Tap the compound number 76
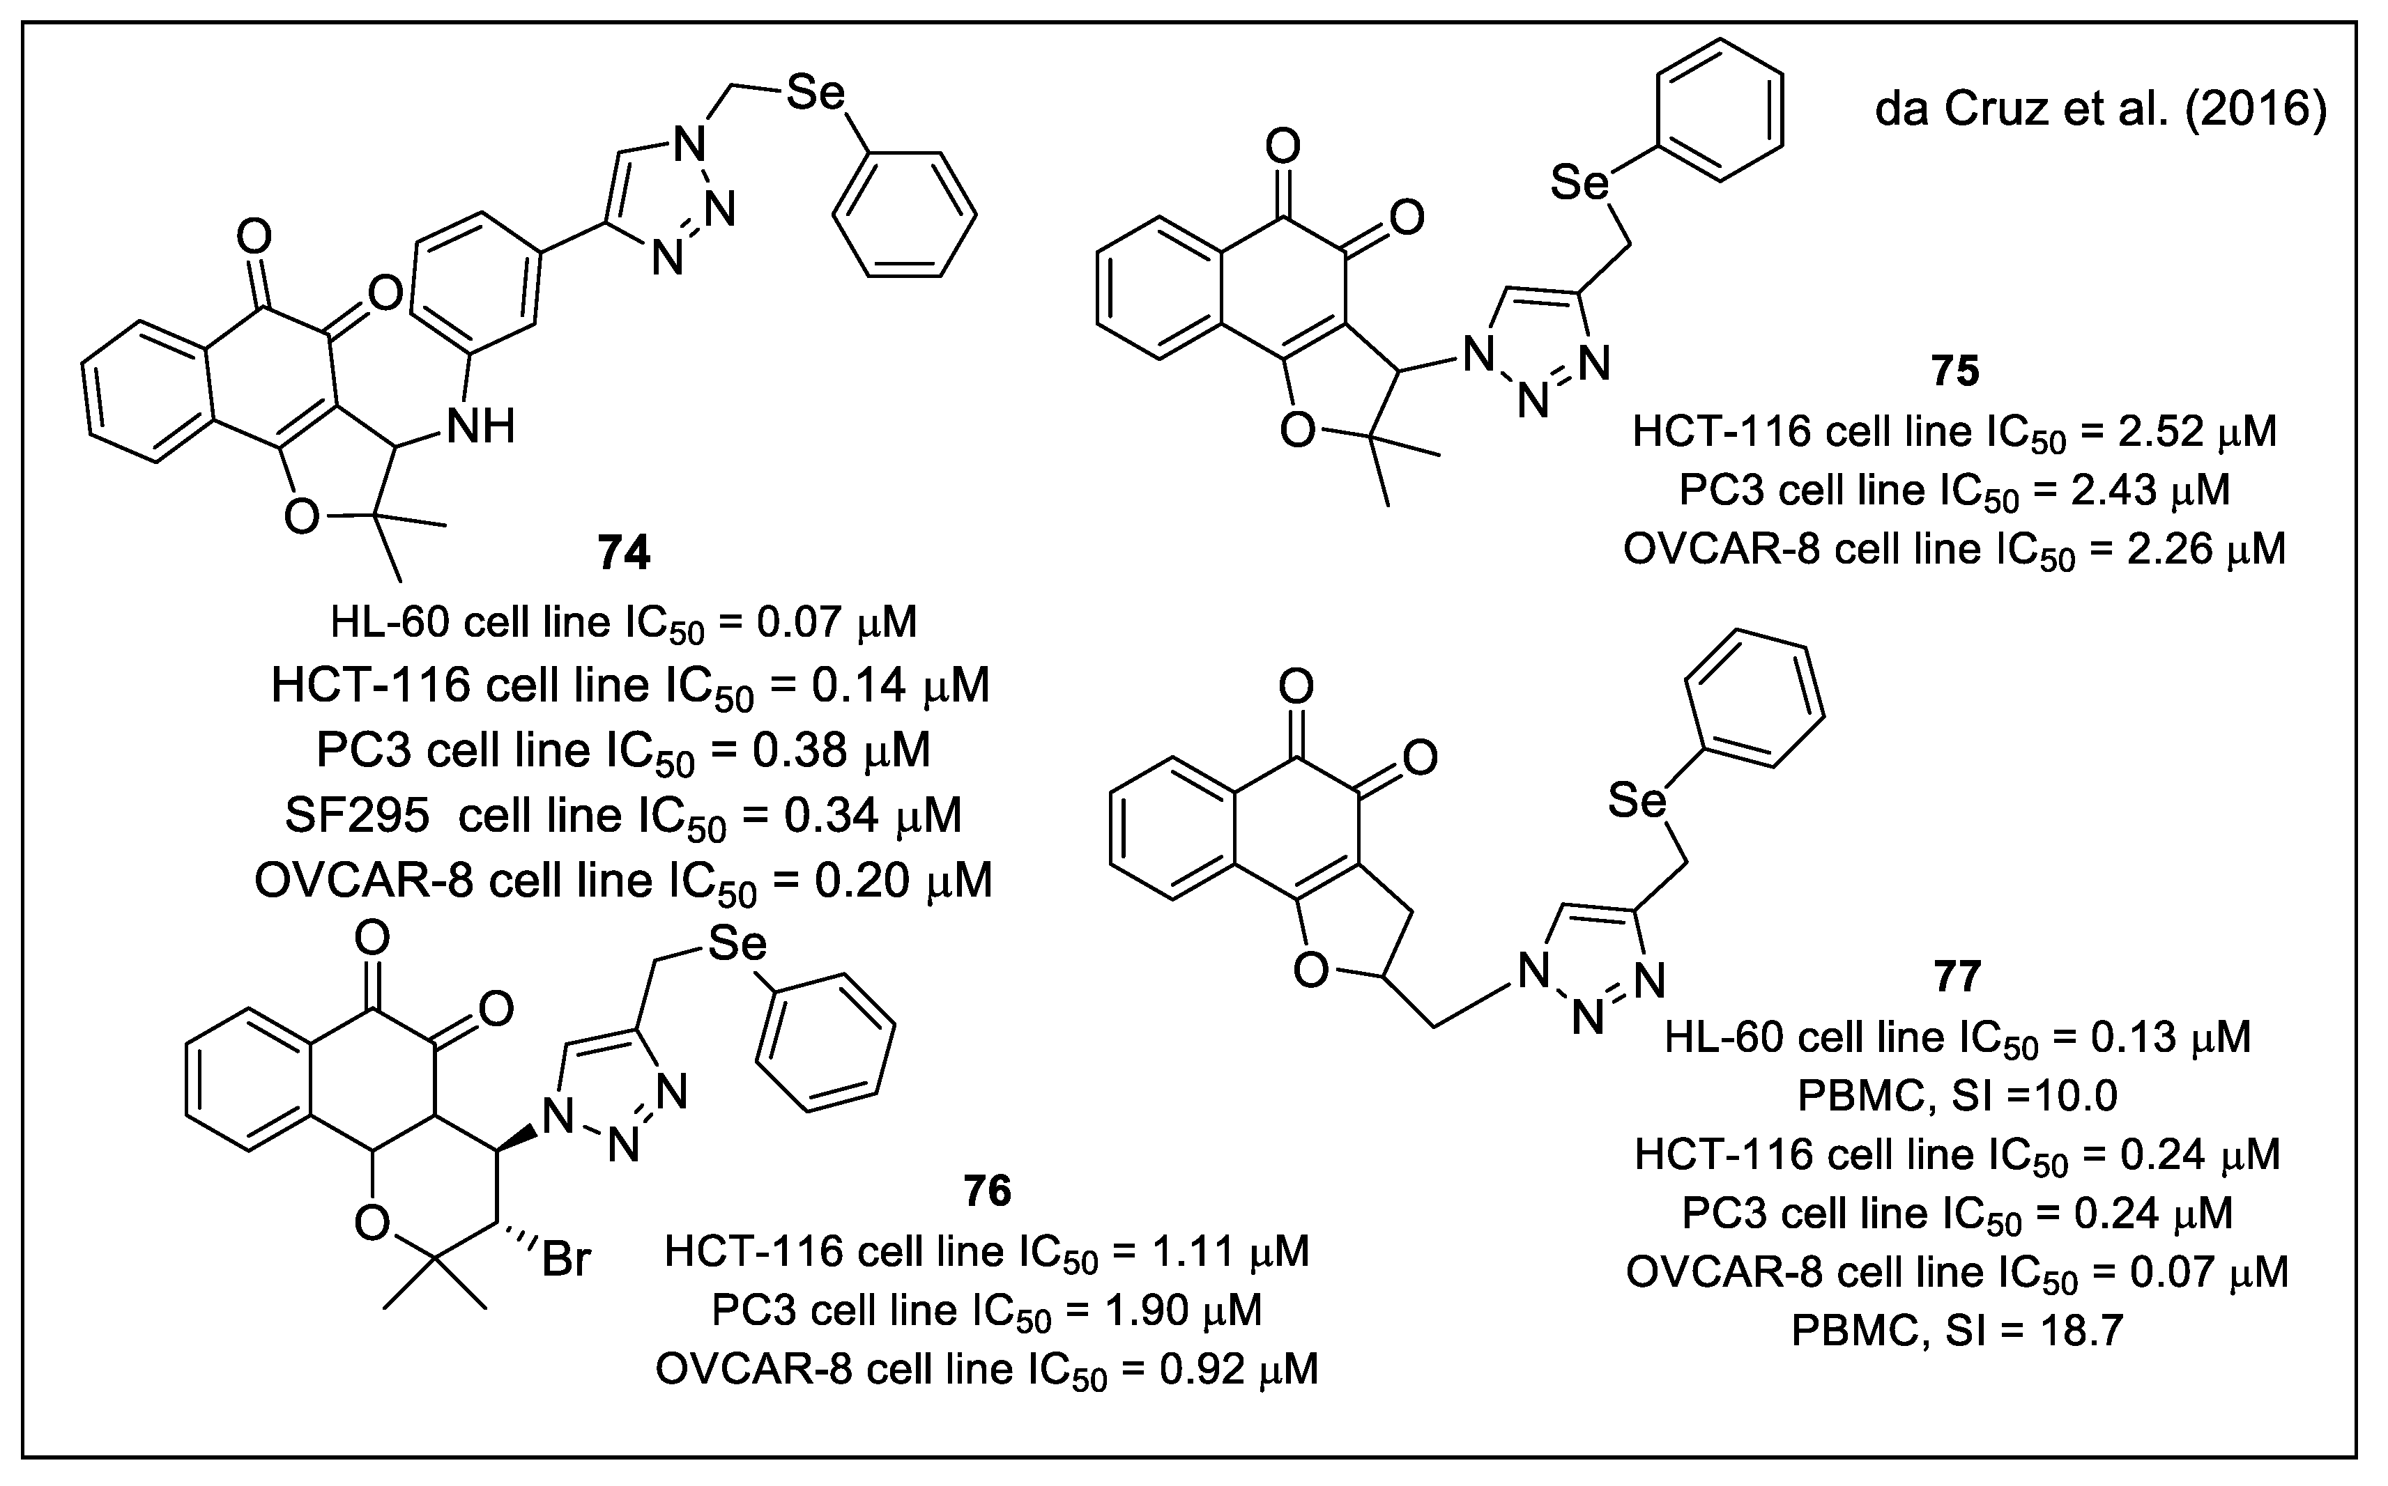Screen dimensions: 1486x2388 [x=987, y=1191]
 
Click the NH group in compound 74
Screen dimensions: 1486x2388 [x=481, y=428]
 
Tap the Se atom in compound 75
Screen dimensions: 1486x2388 [x=1580, y=183]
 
